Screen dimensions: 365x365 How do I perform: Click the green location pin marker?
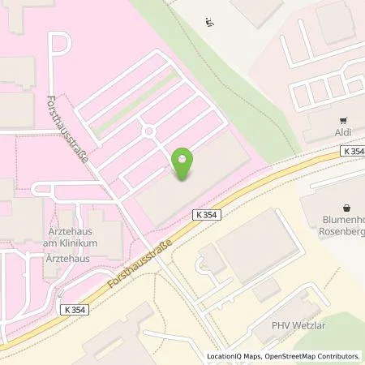(x=184, y=165)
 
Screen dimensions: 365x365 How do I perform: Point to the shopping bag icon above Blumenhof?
(x=348, y=207)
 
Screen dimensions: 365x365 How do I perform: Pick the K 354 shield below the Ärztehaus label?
(x=75, y=309)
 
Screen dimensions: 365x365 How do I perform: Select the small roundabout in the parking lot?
(x=148, y=131)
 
